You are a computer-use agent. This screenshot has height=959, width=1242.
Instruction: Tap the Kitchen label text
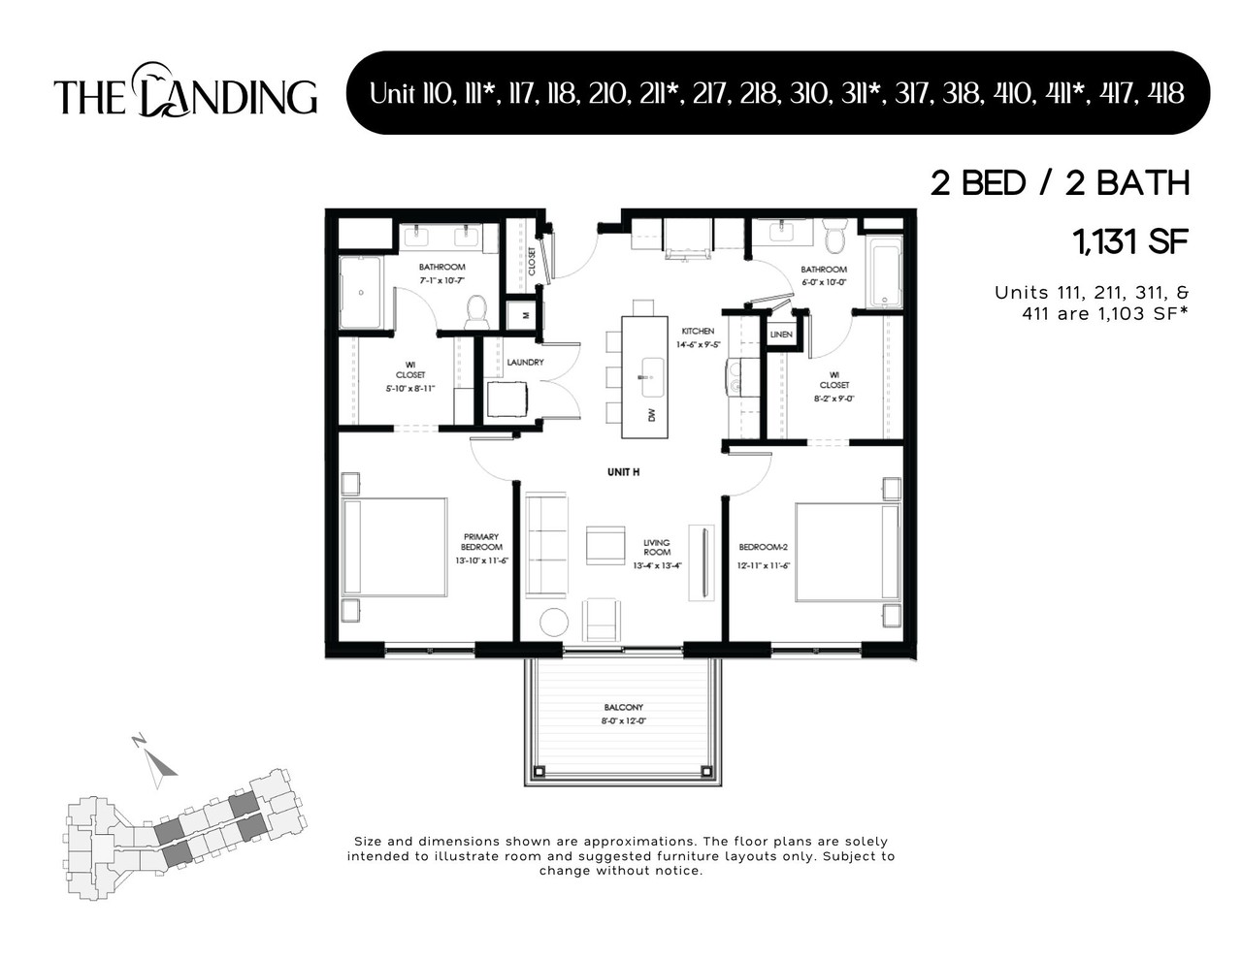pos(697,332)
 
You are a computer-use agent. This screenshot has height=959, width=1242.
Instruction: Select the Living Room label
pos(657,548)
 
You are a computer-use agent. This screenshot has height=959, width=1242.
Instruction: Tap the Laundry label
pos(525,363)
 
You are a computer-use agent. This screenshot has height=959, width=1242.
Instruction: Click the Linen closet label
pos(781,335)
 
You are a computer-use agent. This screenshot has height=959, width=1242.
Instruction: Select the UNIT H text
pos(623,472)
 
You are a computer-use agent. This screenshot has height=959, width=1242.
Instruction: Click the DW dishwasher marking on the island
pos(652,415)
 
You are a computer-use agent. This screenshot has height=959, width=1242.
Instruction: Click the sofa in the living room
pos(545,546)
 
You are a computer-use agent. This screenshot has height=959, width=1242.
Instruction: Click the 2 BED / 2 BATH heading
pos(1060,183)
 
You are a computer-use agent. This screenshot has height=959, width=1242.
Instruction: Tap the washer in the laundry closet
pos(506,399)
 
